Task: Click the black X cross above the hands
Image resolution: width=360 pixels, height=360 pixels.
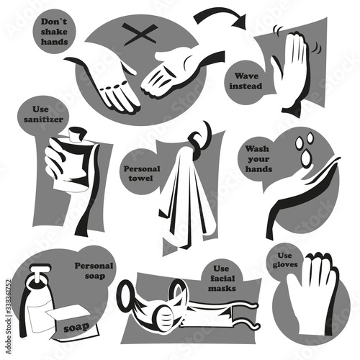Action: point(140,35)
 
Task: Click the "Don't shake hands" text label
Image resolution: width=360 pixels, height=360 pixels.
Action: point(54,32)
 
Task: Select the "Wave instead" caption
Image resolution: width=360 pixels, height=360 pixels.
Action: point(246,81)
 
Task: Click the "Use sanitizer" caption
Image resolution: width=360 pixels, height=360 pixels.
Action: point(43,114)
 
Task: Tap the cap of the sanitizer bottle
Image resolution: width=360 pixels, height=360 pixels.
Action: point(77,135)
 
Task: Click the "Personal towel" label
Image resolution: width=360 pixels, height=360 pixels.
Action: point(142,174)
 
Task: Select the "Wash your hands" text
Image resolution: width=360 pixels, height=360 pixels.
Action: point(258,159)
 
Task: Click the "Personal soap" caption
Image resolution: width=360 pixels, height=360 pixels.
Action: point(94,271)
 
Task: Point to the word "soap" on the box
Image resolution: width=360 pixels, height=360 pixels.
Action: point(76,328)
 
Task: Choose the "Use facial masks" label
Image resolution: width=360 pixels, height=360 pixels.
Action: point(222,279)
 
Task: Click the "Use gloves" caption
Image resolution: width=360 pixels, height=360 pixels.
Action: point(285,260)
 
